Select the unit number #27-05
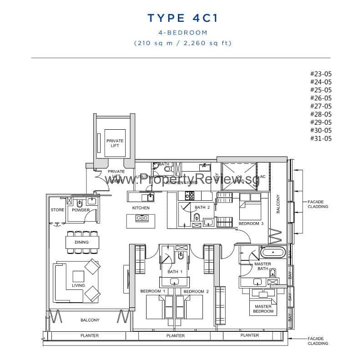tap(321, 106)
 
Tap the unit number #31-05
tap(321, 138)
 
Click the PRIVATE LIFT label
tap(115, 143)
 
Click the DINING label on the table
tap(82, 242)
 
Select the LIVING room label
tap(78, 286)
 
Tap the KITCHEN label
tap(141, 208)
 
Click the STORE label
tap(57, 210)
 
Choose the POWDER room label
tap(81, 210)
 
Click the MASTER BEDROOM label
tap(263, 309)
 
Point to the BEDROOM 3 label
tap(251, 223)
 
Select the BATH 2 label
tap(202, 208)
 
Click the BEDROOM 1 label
tap(153, 291)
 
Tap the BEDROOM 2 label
tap(195, 291)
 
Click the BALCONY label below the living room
tap(90, 320)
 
